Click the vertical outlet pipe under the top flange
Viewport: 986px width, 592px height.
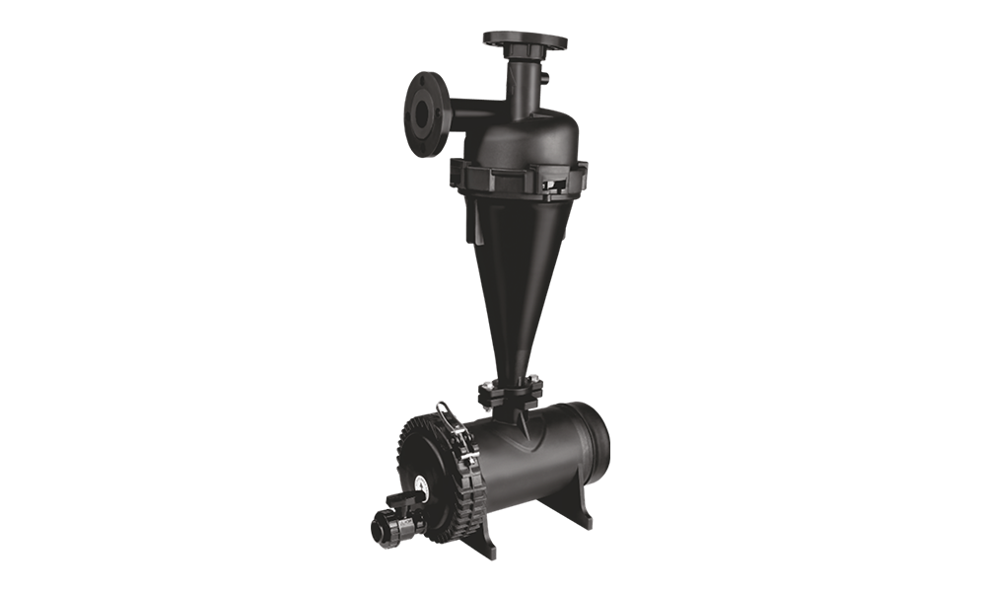coord(522,79)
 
